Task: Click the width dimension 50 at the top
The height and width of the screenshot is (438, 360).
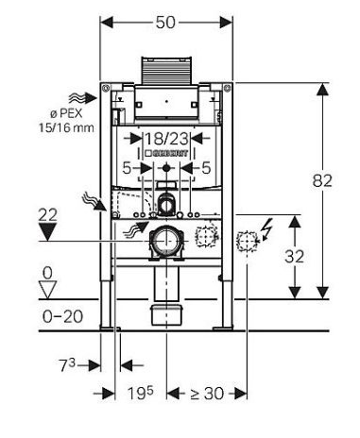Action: [x=165, y=23]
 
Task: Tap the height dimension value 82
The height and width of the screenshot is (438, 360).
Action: [x=322, y=180]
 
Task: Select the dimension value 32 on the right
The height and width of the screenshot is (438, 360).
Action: [x=294, y=256]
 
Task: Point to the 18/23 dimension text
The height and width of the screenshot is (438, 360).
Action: [x=166, y=139]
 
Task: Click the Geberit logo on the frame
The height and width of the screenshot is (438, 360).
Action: [x=166, y=153]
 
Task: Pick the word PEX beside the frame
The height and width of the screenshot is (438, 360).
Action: [x=71, y=113]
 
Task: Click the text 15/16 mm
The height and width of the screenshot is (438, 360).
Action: [x=66, y=127]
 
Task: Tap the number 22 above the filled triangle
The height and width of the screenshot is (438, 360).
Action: [x=47, y=215]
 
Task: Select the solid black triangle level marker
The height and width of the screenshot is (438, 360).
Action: [x=47, y=232]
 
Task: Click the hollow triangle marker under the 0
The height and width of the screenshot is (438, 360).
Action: [x=47, y=290]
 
